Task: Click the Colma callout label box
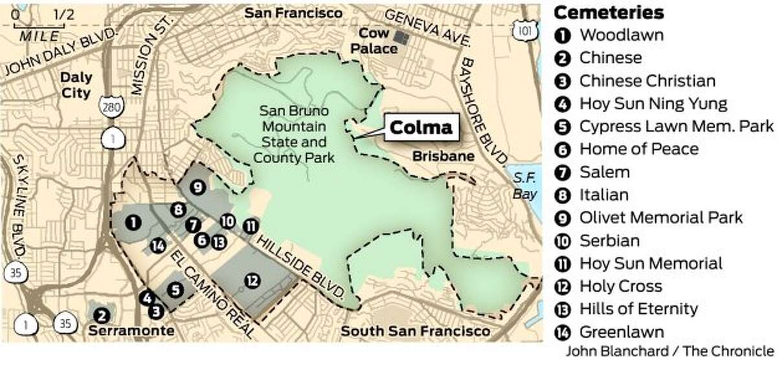click(x=420, y=127)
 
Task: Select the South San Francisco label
click(x=416, y=331)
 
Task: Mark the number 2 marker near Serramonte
click(x=102, y=315)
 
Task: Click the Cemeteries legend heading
click(x=609, y=12)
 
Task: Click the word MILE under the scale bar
click(x=39, y=36)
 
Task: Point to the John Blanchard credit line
click(x=670, y=351)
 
